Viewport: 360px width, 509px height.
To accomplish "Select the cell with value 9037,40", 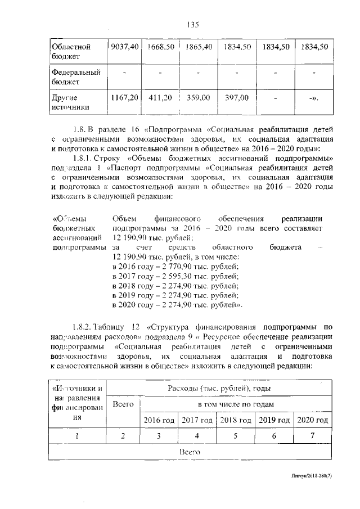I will (123, 47).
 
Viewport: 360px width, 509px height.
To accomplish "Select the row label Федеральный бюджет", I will (71, 77).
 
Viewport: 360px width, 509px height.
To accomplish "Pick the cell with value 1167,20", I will (123, 97).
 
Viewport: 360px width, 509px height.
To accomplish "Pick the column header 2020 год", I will (312, 420).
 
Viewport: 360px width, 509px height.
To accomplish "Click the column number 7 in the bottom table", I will (312, 436).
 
